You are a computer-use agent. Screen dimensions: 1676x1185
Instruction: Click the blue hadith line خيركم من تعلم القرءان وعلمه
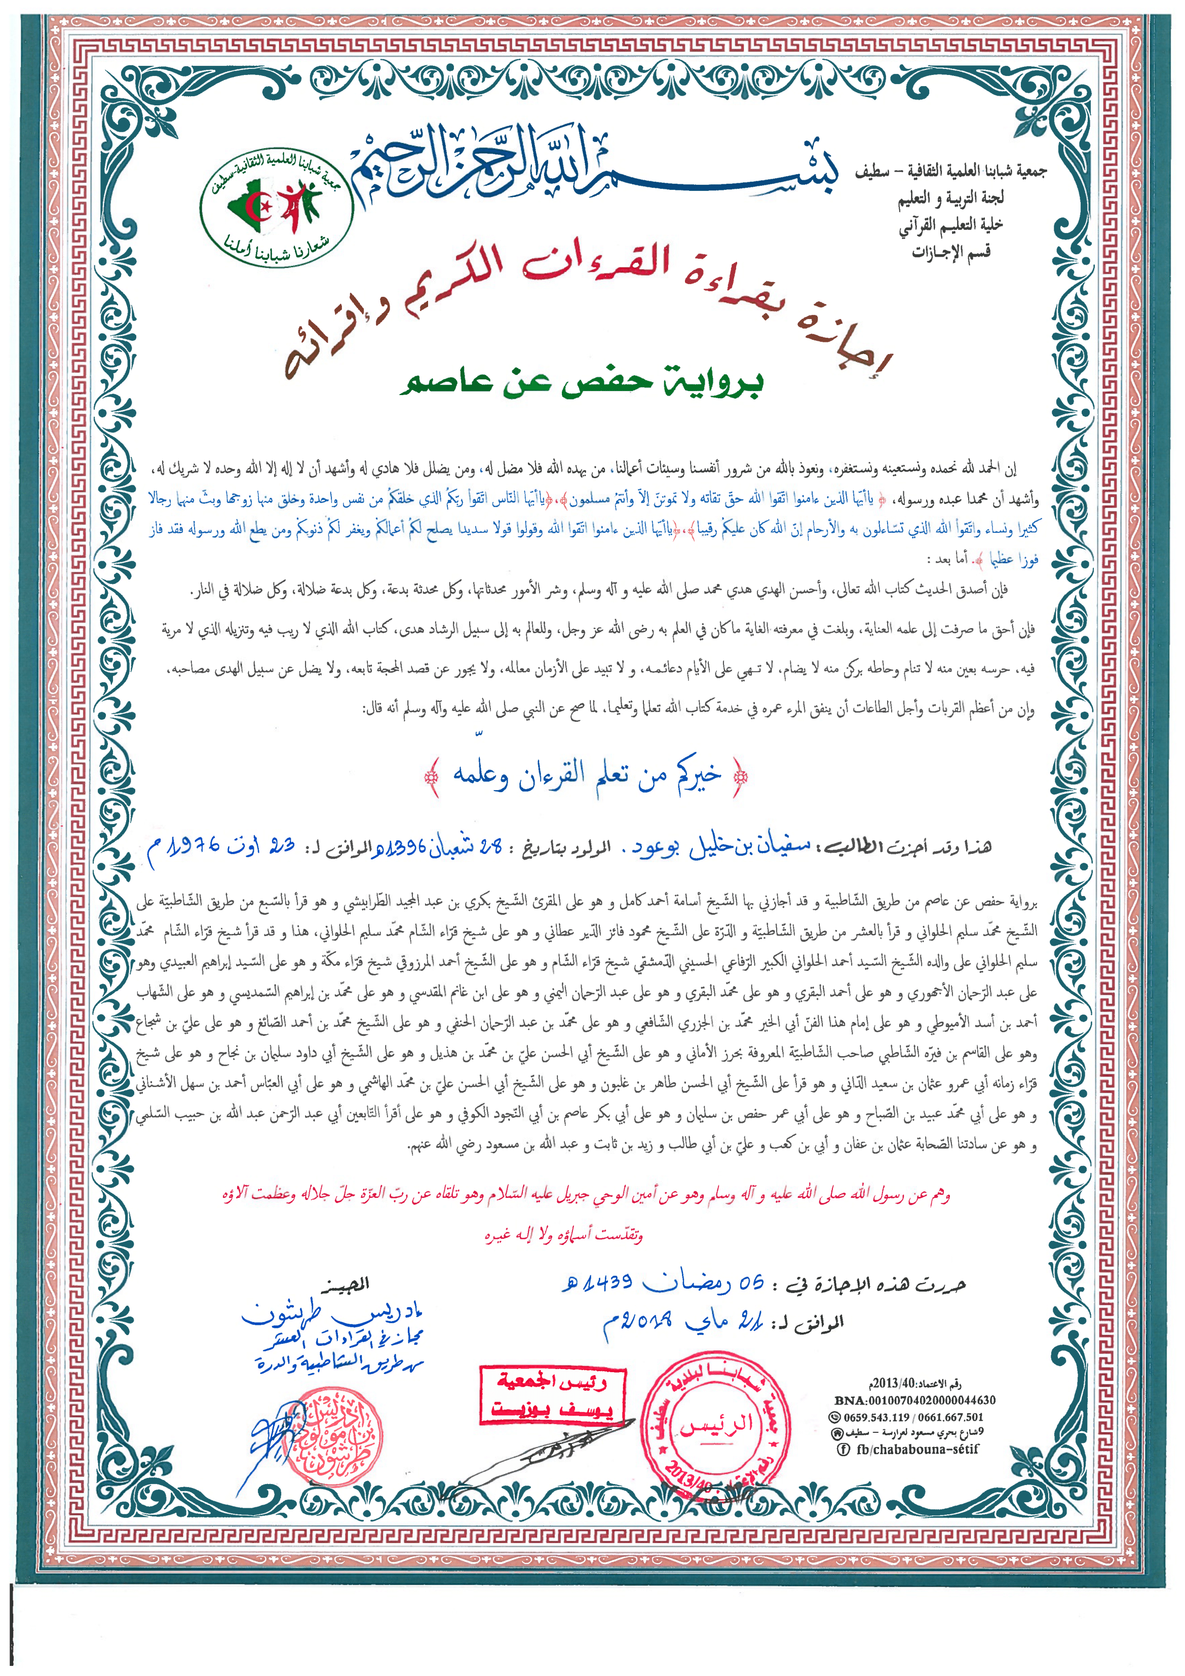586,775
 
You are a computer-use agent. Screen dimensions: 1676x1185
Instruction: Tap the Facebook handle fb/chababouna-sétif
917,1449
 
